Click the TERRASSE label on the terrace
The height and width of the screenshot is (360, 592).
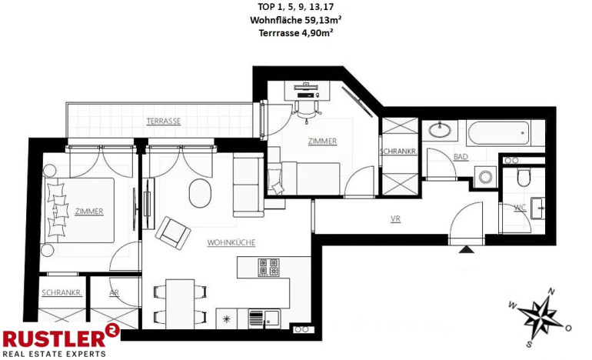click(164, 122)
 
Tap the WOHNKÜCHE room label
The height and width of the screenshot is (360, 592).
click(231, 242)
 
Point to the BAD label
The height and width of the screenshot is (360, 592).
click(461, 157)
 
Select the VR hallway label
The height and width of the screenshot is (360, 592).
click(395, 218)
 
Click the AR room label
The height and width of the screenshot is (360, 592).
click(114, 293)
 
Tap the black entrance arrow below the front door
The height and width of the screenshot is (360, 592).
click(467, 249)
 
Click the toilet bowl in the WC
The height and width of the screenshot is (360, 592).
click(524, 177)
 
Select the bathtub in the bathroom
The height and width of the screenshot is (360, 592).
click(498, 132)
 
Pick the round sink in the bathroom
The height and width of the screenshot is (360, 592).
click(440, 130)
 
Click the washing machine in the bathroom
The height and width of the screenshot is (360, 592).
click(485, 177)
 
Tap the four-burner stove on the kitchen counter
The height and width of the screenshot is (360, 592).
click(268, 268)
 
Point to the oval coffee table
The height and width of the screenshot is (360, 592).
click(200, 193)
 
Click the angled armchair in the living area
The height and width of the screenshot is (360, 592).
click(173, 233)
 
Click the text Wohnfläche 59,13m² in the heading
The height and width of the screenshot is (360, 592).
click(296, 20)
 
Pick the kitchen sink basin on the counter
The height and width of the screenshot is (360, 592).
click(271, 317)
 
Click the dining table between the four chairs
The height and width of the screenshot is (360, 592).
click(180, 304)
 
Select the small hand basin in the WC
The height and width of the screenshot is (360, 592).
click(537, 208)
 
